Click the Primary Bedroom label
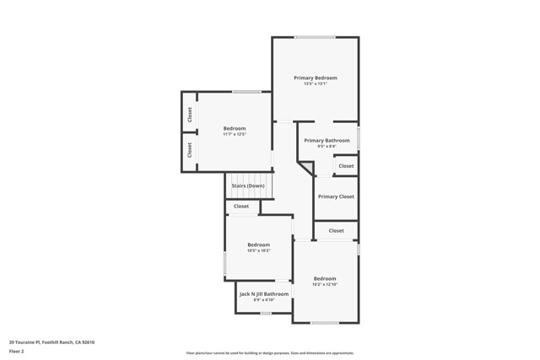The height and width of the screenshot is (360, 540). (316, 78)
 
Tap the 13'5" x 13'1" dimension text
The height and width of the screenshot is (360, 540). (316, 83)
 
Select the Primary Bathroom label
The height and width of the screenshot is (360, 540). (327, 140)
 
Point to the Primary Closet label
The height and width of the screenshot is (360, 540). (336, 196)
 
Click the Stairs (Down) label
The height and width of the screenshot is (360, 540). (248, 185)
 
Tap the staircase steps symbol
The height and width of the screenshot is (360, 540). (262, 185)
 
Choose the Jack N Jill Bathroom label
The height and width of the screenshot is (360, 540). (264, 294)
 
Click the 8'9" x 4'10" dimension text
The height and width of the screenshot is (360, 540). (264, 300)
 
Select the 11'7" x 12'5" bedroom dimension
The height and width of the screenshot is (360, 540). (235, 134)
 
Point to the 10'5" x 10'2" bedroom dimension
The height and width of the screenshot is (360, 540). (258, 250)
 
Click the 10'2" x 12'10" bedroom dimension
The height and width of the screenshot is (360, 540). (325, 284)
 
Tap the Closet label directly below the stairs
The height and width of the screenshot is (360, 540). (241, 206)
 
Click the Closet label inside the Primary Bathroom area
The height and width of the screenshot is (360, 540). (346, 166)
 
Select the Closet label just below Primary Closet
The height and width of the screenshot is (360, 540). (336, 230)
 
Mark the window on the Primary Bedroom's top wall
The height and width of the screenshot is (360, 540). (314, 37)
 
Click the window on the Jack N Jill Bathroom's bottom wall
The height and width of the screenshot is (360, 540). (266, 314)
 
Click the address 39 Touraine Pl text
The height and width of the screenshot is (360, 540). (51, 342)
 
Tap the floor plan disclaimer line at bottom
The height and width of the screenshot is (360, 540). (270, 353)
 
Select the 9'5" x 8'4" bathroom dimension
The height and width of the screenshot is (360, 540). (327, 146)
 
